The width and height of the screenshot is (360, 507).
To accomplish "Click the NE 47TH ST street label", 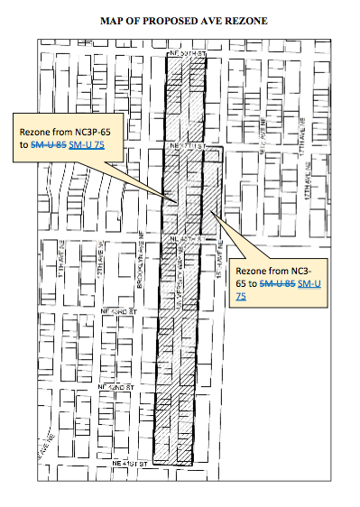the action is [183, 144].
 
